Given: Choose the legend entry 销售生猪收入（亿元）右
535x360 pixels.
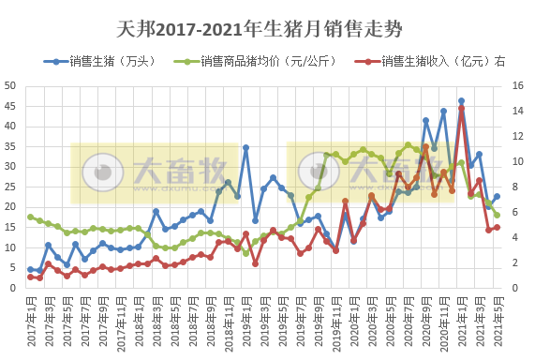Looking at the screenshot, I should pyautogui.click(x=441, y=62).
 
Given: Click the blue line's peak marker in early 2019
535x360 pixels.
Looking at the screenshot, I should pyautogui.click(x=246, y=147).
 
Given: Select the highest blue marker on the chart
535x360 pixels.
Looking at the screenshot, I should pyautogui.click(x=461, y=101).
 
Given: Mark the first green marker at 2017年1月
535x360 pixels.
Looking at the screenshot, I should pyautogui.click(x=31, y=217).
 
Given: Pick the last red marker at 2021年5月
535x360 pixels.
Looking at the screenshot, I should pyautogui.click(x=497, y=227).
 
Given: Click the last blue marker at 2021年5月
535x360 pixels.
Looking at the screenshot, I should pyautogui.click(x=497, y=197).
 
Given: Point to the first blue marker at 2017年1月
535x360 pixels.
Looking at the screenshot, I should pyautogui.click(x=31, y=269).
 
